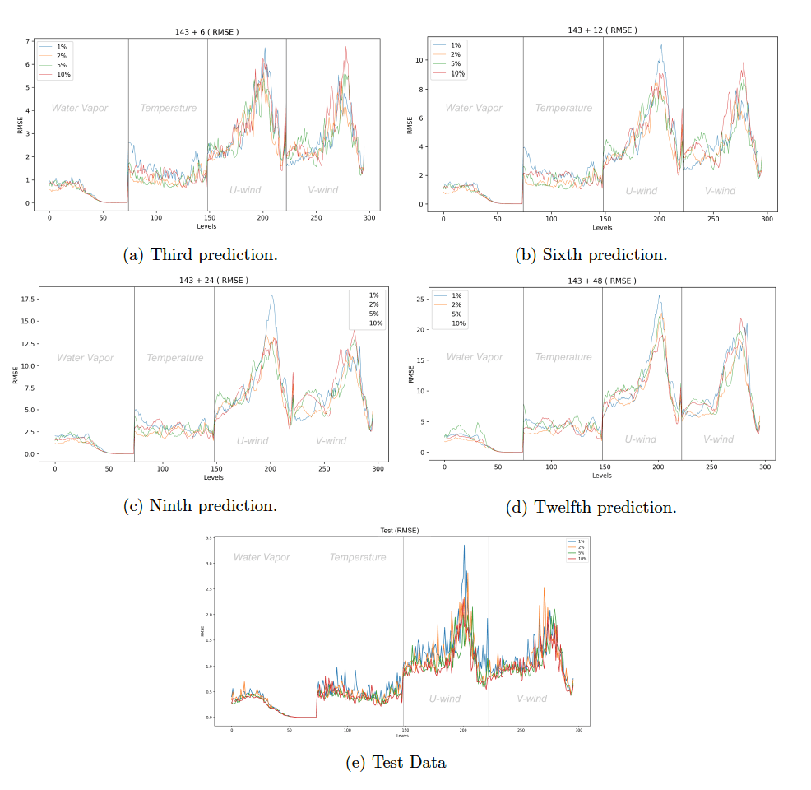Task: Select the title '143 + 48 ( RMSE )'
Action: (602, 281)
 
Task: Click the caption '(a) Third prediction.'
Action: (200, 255)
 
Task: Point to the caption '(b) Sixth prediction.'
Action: (591, 255)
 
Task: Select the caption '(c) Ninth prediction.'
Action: (200, 505)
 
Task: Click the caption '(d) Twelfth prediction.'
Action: (591, 508)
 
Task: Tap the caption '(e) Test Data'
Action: (396, 763)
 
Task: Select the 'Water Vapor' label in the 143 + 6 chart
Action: (80, 108)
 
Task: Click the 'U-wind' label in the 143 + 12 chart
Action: (642, 191)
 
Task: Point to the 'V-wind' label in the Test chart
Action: (531, 699)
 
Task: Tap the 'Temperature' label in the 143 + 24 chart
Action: (175, 358)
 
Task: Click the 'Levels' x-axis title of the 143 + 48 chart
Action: (602, 476)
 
